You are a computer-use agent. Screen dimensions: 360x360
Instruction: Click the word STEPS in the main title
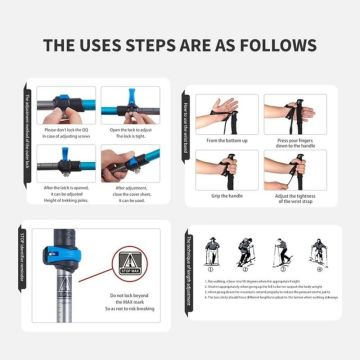click(x=151, y=46)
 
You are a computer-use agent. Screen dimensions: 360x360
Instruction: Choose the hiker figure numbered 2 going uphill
click(x=246, y=255)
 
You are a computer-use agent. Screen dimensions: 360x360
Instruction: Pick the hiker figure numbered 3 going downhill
click(x=281, y=255)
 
